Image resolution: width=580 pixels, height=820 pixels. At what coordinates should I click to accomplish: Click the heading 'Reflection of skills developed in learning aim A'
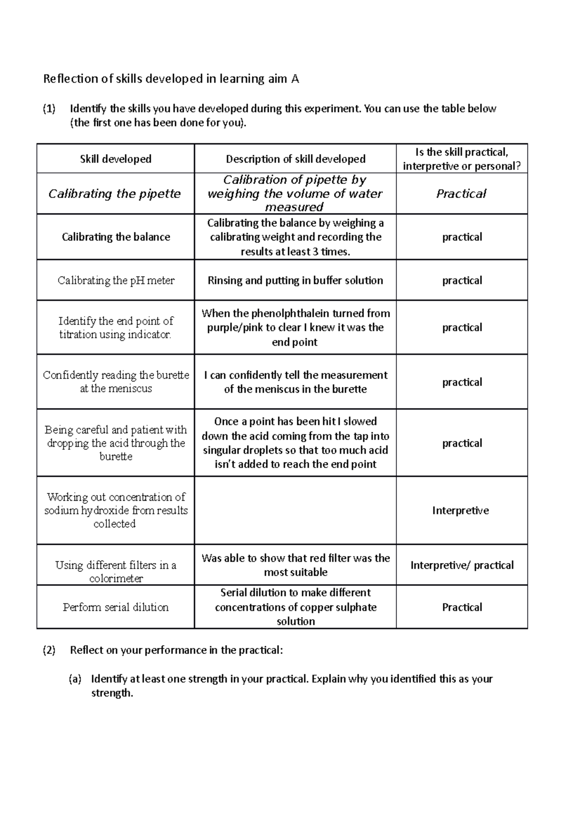pos(171,79)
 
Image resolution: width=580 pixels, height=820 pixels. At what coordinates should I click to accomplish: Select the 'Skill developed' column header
pos(116,159)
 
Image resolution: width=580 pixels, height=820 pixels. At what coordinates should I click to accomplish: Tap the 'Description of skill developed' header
pos(295,159)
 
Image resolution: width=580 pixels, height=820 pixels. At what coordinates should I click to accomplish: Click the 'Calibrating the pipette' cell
pos(115,194)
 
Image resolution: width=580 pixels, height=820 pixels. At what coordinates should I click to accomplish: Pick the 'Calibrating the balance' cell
pos(116,237)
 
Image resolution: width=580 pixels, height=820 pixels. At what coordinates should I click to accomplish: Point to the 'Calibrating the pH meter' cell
pos(116,281)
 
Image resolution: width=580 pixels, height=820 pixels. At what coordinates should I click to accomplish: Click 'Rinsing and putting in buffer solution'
pos(295,281)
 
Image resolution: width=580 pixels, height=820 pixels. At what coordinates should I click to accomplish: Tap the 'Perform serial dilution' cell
pos(116,607)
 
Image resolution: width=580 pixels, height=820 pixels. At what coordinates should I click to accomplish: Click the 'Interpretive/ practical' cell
pos(462,566)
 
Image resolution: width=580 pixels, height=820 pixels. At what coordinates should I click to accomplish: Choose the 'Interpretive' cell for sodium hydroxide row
pos(460,510)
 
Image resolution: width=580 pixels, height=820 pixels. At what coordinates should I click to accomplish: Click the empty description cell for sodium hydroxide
pos(295,510)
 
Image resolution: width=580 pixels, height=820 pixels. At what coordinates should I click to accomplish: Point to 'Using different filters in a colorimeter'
pos(116,572)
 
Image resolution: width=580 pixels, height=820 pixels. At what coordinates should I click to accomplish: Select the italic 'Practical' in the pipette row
pos(461,194)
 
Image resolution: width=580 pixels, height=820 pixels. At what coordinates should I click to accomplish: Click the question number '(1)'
pos(49,109)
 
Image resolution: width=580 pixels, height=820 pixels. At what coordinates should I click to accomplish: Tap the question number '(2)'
pos(49,650)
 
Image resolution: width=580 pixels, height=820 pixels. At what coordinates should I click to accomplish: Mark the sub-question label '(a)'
pos(75,679)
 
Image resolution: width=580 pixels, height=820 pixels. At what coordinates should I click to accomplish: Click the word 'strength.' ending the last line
pos(112,693)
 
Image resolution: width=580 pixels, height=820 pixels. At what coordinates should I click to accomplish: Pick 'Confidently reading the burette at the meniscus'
pos(116,382)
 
